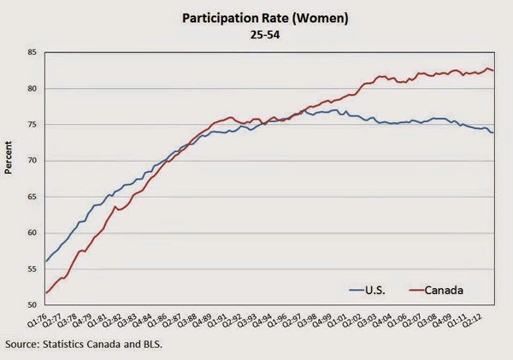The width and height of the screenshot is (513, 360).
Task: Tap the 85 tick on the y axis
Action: coord(31,53)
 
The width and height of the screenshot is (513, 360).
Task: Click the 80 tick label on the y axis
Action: coord(31,89)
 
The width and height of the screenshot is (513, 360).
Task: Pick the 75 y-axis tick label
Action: coord(31,125)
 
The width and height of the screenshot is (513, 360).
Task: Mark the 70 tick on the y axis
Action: coord(31,161)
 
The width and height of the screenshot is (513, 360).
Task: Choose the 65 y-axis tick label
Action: coord(31,197)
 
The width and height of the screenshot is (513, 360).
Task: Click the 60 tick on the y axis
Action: coord(31,233)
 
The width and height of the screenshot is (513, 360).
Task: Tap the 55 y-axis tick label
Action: coord(31,269)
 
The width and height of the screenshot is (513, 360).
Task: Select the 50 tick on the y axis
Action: coord(31,304)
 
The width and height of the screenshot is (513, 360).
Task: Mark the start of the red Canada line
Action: coord(45,293)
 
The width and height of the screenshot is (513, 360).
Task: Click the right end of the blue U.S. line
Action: coord(493,133)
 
